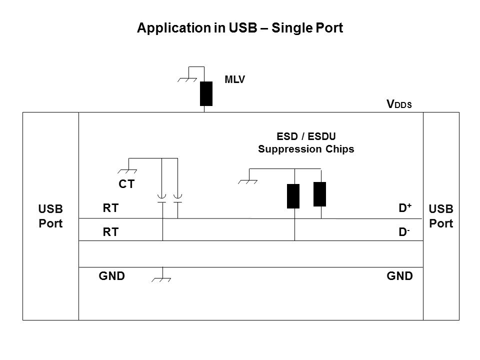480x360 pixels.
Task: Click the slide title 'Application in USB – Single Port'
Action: click(240, 28)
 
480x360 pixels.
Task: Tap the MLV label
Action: click(235, 79)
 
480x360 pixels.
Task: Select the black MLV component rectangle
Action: click(206, 93)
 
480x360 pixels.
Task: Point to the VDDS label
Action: click(399, 104)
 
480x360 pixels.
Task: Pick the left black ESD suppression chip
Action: click(293, 195)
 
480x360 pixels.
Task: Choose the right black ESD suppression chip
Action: click(319, 194)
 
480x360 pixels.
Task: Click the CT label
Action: click(126, 184)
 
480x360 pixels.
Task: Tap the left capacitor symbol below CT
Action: click(162, 198)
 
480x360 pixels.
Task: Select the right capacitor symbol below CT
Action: click(177, 198)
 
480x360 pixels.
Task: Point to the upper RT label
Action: click(111, 208)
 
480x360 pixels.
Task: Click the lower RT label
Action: click(111, 231)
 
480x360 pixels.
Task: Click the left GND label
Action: click(111, 275)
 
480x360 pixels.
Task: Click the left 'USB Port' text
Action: click(51, 215)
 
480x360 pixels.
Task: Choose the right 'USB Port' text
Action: click(441, 215)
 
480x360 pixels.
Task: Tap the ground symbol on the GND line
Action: click(161, 277)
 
